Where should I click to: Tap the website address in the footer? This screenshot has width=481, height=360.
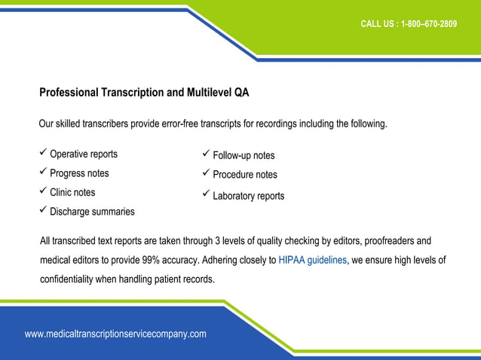coord(115,334)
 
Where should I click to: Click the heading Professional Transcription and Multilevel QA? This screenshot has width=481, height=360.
coord(144,93)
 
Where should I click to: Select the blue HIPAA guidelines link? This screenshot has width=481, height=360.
coord(313,261)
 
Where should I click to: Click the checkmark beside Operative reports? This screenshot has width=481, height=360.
coord(43,154)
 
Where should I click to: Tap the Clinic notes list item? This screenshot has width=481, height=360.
coord(72,193)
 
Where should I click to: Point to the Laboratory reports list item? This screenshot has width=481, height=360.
coord(248,196)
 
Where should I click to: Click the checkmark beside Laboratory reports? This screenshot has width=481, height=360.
coord(206,195)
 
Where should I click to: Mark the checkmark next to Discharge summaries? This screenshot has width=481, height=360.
coord(43,211)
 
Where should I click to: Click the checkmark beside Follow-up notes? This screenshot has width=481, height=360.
coord(206,155)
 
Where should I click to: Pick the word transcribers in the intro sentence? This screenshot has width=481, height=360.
coord(103,124)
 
